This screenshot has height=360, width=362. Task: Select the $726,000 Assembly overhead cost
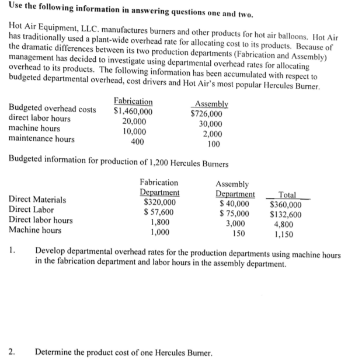click(206, 115)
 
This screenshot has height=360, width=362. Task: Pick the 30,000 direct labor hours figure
click(210, 124)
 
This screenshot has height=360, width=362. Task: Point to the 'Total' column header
click(287, 195)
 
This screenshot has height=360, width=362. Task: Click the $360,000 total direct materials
click(286, 204)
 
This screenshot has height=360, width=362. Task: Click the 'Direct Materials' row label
click(38, 200)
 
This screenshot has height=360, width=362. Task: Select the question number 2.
click(12, 352)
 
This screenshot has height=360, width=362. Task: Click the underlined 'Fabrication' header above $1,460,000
click(133, 102)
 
